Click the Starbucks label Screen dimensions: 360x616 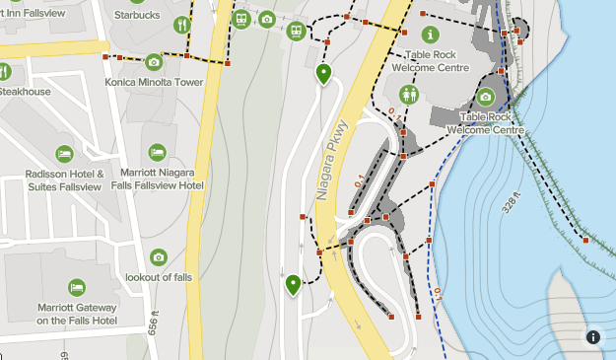pyautogui.click(x=136, y=15)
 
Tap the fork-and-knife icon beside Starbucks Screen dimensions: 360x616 pyautogui.click(x=181, y=25)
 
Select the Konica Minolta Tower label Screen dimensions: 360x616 pyautogui.click(x=153, y=82)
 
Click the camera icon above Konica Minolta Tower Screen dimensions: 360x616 pyautogui.click(x=153, y=62)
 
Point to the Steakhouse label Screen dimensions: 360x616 pyautogui.click(x=25, y=92)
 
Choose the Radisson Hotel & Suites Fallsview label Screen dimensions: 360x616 pyautogui.click(x=64, y=180)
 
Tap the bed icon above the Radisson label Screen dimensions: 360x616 pyautogui.click(x=64, y=154)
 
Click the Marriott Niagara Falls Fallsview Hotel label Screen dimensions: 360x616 pyautogui.click(x=158, y=179)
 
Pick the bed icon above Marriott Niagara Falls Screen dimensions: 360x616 pyautogui.click(x=157, y=152)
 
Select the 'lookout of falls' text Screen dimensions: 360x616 pyautogui.click(x=159, y=277)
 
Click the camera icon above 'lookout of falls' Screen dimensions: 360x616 pyautogui.click(x=159, y=257)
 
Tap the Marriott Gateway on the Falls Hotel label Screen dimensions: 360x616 pyautogui.click(x=77, y=314)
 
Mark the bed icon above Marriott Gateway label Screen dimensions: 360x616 pyautogui.click(x=77, y=287)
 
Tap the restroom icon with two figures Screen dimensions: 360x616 pyautogui.click(x=409, y=94)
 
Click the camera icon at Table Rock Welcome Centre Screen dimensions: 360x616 pyautogui.click(x=485, y=97)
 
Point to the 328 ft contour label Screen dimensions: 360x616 pyautogui.click(x=513, y=203)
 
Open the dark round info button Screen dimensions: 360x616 pyautogui.click(x=593, y=336)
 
